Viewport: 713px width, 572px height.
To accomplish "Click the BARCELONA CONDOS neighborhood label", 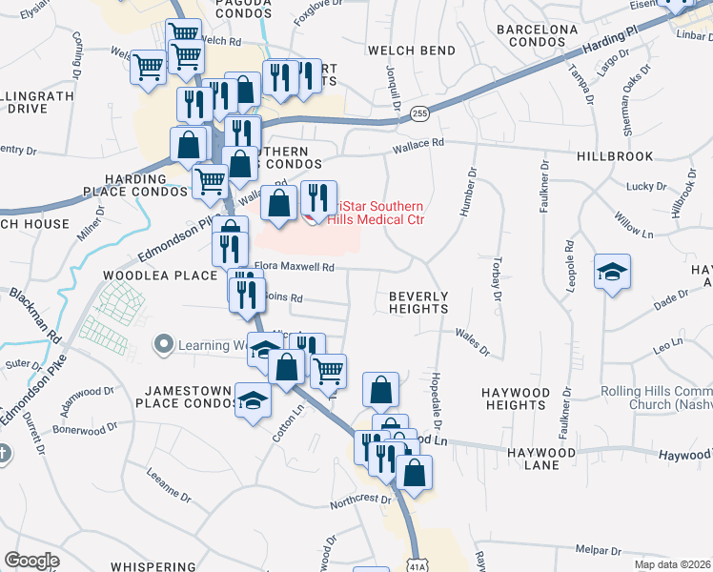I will coord(538,36).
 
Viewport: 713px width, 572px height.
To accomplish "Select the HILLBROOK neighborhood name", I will coord(615,155).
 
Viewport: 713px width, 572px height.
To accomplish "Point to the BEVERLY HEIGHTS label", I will coord(418,302).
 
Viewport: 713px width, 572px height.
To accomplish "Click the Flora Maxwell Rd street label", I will coord(295,268).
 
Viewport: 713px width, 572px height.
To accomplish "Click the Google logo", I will coord(31,561).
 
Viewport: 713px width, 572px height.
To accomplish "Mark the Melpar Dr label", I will coord(599,550).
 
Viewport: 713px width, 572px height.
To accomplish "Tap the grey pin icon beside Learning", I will coord(165,343).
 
